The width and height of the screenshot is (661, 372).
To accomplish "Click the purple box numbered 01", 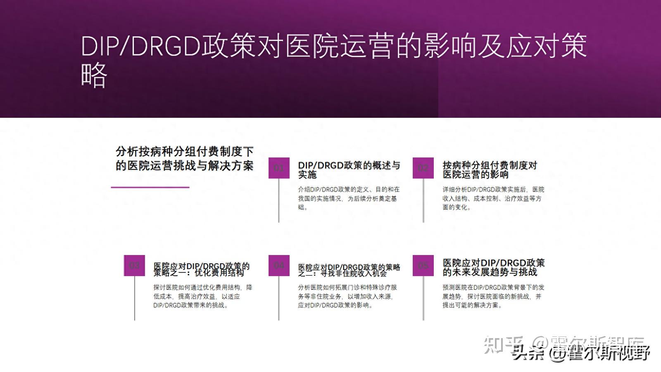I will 279,168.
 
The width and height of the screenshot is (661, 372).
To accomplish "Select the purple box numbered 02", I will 423,168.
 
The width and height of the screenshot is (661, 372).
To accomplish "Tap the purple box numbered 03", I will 134,265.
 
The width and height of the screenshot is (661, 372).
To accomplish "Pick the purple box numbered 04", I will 279,265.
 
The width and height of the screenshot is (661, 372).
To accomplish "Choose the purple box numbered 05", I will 423,265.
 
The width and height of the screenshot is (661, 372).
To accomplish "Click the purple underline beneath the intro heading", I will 150,187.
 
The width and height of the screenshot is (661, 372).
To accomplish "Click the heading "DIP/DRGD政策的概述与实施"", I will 349,170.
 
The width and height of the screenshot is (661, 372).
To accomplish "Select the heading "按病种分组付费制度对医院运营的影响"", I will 490,170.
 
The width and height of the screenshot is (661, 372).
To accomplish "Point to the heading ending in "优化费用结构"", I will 201,269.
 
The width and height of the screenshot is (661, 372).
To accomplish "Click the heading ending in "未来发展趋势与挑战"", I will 493,267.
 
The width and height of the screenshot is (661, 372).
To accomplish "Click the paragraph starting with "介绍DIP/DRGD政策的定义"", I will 349,198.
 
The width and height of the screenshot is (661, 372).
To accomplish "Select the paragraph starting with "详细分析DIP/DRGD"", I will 493,198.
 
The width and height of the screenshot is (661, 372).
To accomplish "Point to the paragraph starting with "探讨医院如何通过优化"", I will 202,296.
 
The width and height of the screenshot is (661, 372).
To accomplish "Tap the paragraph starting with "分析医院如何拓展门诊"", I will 347,296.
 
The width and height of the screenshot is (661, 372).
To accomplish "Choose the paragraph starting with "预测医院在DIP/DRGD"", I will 493,296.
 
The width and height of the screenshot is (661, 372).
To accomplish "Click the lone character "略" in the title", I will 94,75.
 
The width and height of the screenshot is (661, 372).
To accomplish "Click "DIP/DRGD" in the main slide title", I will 140,46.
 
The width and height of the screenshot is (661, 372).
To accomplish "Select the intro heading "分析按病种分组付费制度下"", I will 184,152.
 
